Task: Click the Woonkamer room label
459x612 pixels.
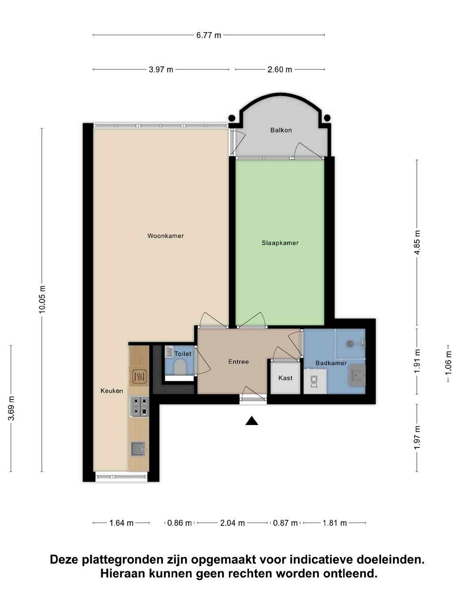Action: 165,236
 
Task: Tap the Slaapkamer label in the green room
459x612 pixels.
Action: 280,243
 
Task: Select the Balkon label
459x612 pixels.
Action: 281,130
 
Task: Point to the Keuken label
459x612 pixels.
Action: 112,391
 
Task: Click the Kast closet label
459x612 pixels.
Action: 285,378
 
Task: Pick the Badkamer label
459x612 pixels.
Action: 331,363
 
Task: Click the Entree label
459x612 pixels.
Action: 238,362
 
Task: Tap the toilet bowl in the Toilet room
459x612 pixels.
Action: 180,367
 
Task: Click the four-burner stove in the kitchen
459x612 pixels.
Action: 139,406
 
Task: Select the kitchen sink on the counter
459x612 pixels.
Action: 138,449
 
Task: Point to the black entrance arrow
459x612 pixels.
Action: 252,421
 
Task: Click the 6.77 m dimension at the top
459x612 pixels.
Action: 209,35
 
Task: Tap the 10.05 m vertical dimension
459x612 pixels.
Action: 42,299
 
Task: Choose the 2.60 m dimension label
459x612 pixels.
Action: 280,69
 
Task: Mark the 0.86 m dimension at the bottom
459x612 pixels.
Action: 180,523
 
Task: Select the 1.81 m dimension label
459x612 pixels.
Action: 335,523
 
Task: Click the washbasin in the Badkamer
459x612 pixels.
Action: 357,375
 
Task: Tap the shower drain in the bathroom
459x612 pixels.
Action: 350,344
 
